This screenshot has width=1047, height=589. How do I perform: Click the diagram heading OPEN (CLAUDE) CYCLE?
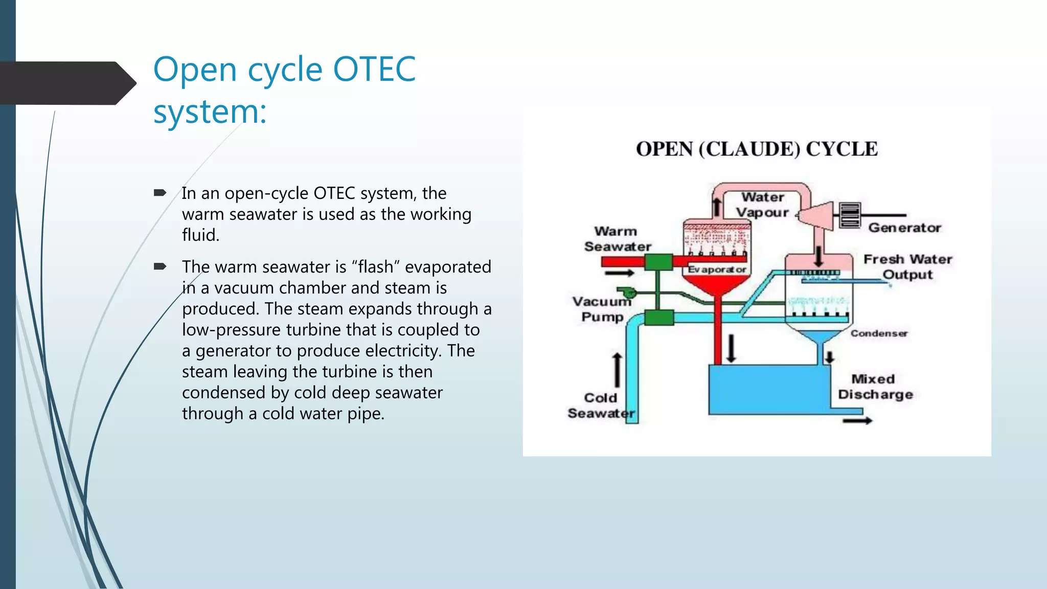[x=757, y=149]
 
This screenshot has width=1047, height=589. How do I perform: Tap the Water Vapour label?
[x=763, y=205]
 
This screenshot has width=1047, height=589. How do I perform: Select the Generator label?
[x=904, y=228]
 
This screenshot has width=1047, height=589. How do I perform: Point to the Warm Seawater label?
[x=617, y=239]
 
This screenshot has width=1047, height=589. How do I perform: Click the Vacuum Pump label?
[x=602, y=309]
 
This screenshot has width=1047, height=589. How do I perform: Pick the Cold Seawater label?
[x=601, y=405]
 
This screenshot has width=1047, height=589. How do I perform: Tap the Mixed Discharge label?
[x=875, y=387]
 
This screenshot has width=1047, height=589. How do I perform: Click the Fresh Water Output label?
[x=907, y=266]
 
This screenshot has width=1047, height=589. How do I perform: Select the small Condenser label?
[x=878, y=333]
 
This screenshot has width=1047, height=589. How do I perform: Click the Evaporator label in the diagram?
[x=716, y=269]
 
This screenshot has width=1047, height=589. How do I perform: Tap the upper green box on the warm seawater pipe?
[x=658, y=262]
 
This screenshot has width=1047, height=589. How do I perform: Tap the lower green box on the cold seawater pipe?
[x=658, y=318]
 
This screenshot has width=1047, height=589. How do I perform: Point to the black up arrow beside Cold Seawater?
[x=617, y=369]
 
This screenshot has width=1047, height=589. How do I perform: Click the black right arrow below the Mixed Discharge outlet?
[x=857, y=421]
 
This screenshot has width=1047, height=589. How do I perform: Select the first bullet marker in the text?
[x=160, y=193]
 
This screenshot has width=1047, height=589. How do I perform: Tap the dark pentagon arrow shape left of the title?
[x=66, y=83]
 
